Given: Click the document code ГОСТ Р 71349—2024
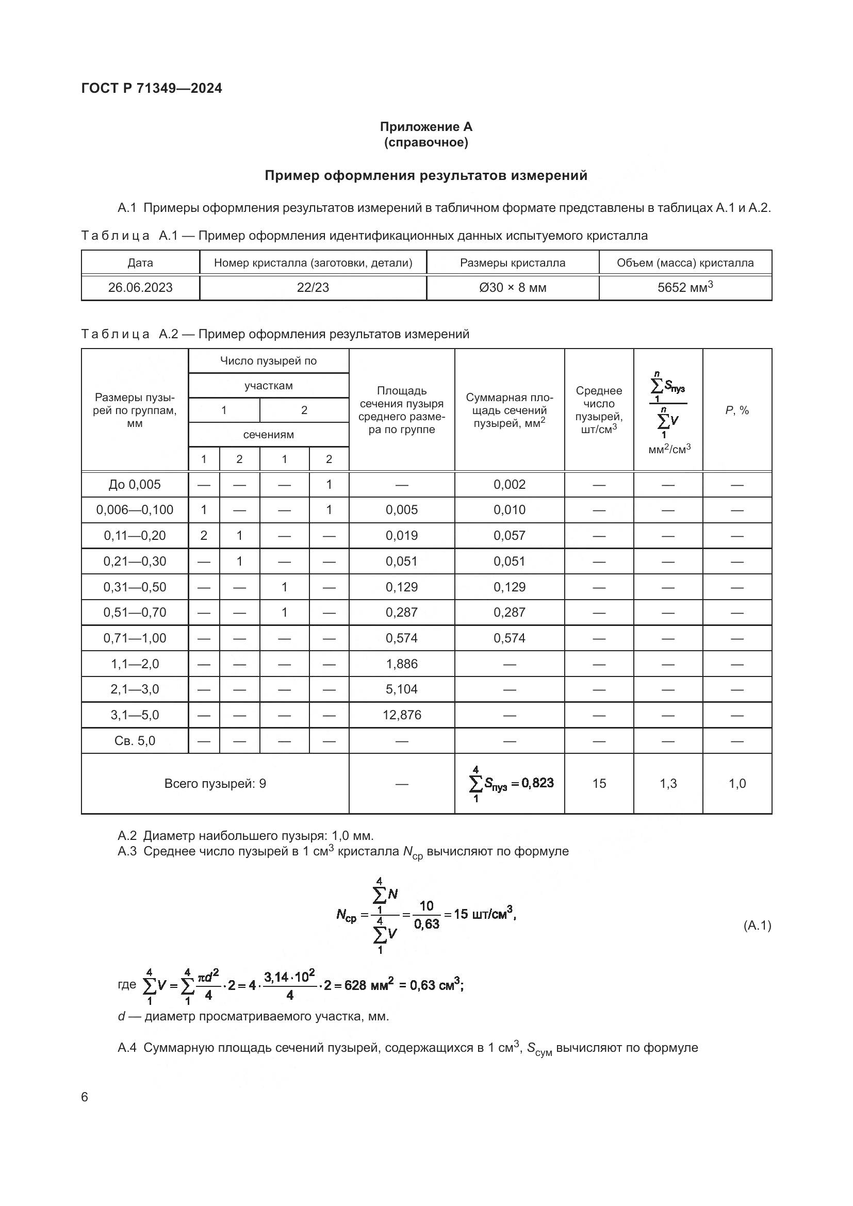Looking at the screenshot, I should point(152,88).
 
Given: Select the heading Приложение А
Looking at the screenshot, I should point(426,127).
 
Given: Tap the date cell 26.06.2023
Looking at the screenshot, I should point(140,287).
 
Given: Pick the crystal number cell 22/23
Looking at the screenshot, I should point(313,287).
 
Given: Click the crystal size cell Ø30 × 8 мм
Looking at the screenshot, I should point(513,287).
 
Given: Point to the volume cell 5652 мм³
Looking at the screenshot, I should point(685,287).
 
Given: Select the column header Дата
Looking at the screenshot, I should point(140,262).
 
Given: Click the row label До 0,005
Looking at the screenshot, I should point(135,484).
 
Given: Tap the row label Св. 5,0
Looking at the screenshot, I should point(135,740).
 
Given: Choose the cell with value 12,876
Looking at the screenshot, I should point(402,715).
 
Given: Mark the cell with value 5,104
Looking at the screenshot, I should point(402,689).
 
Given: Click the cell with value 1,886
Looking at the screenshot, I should point(402,664).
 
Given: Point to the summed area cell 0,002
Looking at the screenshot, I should point(510,484).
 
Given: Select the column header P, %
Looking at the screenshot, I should point(737,410).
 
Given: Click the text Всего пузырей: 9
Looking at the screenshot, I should point(216,784).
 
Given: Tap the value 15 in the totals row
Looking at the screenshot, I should point(599,784).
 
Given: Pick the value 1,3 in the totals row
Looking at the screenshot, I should point(668,784).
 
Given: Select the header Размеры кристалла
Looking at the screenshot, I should point(513,262).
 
